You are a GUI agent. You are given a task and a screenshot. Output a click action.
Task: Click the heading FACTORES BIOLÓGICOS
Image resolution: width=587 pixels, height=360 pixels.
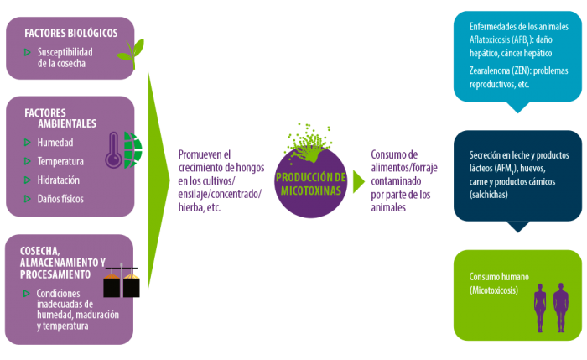71,33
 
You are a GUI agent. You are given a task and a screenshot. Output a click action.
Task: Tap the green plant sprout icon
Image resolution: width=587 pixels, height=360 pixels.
131,53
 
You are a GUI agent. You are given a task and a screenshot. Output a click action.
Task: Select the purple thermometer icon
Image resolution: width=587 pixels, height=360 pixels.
113,150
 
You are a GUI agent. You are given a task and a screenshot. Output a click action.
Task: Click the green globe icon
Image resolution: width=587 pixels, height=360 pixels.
132,150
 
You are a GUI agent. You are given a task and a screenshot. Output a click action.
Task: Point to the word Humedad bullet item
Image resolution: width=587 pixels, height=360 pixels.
55,143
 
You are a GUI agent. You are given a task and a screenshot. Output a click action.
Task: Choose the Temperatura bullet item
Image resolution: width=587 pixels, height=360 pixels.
60,161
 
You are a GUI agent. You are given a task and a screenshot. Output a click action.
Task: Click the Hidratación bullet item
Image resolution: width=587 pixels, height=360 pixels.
58,180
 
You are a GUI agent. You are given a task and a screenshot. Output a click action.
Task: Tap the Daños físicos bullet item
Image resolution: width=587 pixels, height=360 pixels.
60,199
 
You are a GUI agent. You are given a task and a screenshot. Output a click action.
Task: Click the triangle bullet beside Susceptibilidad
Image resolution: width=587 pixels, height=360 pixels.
28,52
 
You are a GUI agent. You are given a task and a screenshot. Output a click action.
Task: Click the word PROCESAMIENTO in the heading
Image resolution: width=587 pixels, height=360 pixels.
55,274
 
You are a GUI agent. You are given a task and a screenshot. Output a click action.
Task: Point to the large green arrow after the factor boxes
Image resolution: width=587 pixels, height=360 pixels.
158,180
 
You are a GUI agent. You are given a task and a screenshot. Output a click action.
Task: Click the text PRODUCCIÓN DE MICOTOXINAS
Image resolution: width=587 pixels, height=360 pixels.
311,184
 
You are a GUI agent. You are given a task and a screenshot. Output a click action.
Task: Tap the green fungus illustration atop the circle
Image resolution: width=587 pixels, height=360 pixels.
309,143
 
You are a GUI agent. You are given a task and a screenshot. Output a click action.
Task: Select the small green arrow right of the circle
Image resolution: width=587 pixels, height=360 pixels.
359,182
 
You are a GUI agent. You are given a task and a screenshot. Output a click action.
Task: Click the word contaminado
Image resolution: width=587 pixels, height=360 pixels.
396,181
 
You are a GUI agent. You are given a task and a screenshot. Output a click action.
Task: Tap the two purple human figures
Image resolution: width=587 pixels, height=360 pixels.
551,308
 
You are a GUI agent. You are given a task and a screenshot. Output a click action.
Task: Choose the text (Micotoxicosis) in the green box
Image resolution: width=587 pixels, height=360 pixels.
494,290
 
